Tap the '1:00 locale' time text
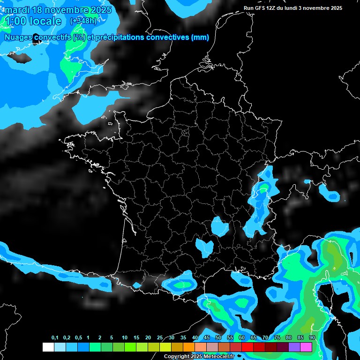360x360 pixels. [x=33, y=21]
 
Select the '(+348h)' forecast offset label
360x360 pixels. [x=83, y=21]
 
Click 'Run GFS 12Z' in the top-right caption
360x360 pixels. [x=261, y=8]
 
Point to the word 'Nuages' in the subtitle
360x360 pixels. [x=19, y=37]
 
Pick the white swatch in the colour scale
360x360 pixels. [x=48, y=347]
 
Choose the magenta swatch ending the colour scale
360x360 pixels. [x=306, y=347]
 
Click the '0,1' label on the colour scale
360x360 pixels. [x=55, y=338]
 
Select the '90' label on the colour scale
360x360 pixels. [x=312, y=338]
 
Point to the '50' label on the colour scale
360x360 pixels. [x=218, y=338]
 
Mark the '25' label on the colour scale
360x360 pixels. [x=160, y=338]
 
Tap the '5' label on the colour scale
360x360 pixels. [x=112, y=338]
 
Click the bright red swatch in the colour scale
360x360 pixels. [x=247, y=347]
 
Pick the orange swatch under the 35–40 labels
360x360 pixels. [x=189, y=347]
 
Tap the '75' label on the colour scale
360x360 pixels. [x=277, y=338]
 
